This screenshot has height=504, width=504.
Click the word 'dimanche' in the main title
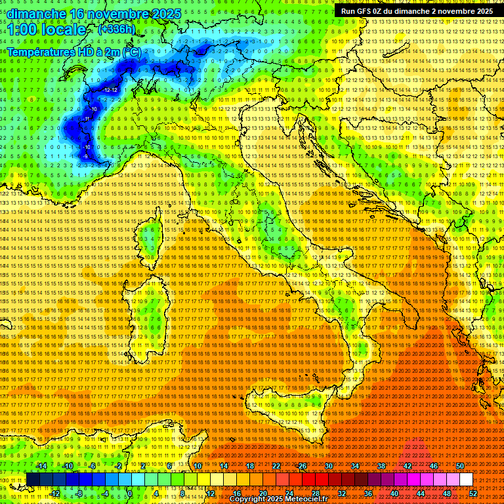click(34, 14)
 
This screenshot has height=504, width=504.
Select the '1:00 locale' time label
click(47, 30)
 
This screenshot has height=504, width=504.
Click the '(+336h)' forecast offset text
click(116, 30)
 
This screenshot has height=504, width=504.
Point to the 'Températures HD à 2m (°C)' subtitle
click(73, 51)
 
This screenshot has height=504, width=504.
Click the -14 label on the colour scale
click(42, 466)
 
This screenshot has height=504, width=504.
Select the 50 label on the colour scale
click(459, 466)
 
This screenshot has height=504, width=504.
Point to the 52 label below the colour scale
click(472, 493)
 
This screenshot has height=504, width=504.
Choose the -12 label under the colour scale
click(55, 493)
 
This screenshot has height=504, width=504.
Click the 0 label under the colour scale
click(129, 493)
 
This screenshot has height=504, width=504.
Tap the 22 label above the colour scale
click(276, 466)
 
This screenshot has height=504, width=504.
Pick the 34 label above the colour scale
click(355, 466)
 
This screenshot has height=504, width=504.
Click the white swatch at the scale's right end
click(466, 479)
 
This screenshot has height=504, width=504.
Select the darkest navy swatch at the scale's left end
click(33, 479)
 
